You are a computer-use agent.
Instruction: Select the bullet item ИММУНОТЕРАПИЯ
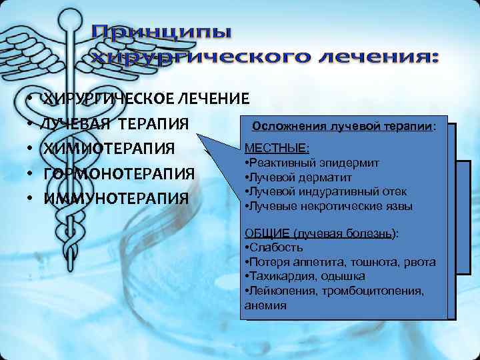[116, 198]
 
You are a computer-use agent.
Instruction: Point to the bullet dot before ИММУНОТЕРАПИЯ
[31, 199]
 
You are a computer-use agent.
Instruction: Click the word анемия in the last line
[265, 305]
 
